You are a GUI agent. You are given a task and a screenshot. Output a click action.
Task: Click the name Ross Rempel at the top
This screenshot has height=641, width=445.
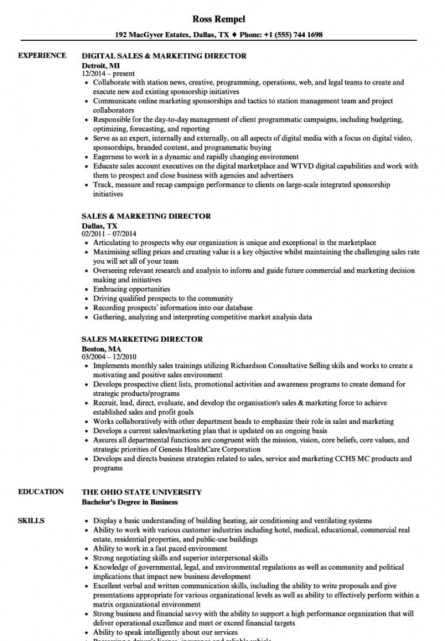[218, 19]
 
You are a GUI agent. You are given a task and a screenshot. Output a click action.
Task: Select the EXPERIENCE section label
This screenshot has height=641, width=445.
[41, 56]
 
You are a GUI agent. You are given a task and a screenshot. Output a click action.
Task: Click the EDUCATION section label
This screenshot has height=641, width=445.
[41, 492]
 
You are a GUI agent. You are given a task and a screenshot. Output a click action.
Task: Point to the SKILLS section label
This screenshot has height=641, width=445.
[31, 521]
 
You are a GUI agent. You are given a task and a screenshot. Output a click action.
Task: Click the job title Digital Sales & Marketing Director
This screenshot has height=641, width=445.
[164, 56]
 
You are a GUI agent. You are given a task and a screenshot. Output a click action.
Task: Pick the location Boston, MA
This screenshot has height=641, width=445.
[102, 348]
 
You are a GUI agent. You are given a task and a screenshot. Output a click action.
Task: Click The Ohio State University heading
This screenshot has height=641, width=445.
[142, 492]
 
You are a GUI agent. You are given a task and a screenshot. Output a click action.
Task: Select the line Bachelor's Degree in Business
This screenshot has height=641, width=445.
[130, 502]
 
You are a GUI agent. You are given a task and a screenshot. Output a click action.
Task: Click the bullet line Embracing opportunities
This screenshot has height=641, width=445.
[132, 289]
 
